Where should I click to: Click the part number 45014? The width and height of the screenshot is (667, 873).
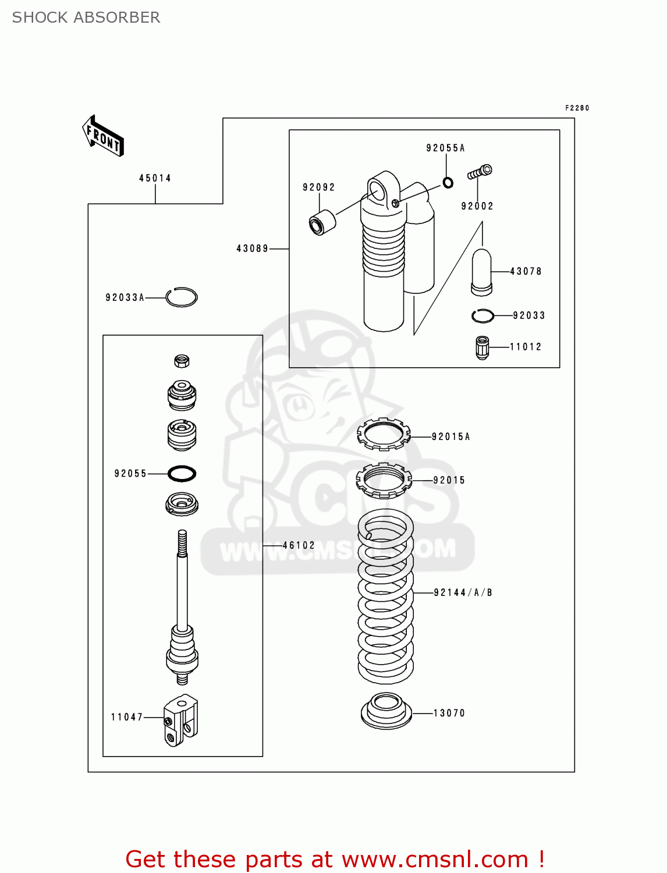155,178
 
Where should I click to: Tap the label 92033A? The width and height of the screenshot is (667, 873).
125,297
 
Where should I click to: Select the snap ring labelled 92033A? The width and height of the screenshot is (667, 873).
181,297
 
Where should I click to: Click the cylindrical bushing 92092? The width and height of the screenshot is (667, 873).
321,222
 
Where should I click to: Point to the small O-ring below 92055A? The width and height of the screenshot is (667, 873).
448,183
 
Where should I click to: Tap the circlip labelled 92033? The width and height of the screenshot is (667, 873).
482,315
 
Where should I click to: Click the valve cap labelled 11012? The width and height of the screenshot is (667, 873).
482,347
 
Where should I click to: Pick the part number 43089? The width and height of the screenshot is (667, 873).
253,249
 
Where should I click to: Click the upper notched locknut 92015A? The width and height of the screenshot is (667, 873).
383,434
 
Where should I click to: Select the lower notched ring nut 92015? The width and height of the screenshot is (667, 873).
384,480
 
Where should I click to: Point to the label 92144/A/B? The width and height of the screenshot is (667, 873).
463,592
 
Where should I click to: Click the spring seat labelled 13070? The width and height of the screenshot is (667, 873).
386,711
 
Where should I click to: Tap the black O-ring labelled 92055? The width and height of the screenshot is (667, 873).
182,474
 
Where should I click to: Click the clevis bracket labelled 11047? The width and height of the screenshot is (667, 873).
181,720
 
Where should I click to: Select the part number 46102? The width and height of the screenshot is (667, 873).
299,545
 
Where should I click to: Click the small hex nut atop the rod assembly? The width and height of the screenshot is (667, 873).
182,361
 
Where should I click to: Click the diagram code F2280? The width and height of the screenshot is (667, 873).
577,108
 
